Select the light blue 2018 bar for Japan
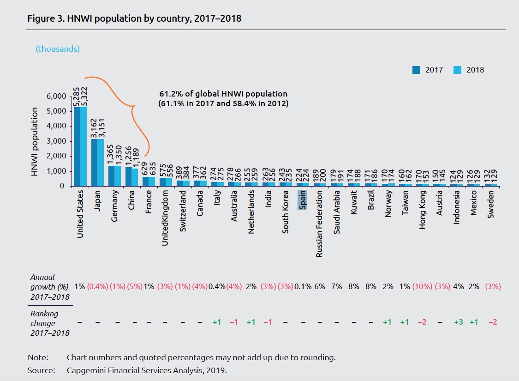(x=101, y=162)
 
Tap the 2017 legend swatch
(x=417, y=70)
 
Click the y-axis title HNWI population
(x=35, y=142)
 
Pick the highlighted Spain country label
(x=303, y=200)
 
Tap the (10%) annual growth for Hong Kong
(x=423, y=286)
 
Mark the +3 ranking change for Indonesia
(x=457, y=322)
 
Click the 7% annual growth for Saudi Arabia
(x=337, y=286)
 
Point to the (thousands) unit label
(x=58, y=48)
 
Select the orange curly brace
(x=134, y=107)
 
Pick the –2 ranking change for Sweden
(x=492, y=322)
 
